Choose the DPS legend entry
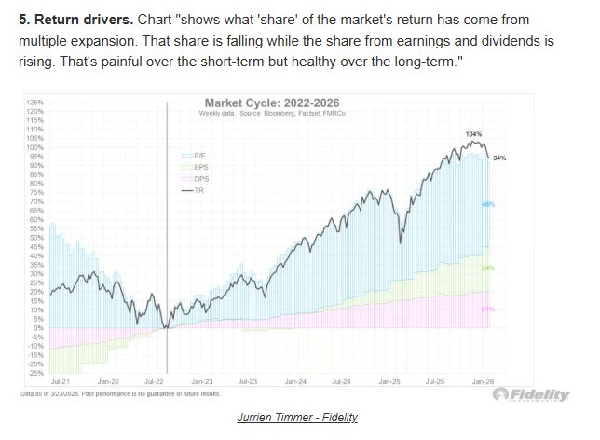(x=202, y=177)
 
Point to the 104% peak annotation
(x=474, y=134)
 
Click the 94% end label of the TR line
(x=498, y=158)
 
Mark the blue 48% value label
(x=486, y=203)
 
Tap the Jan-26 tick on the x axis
(x=483, y=381)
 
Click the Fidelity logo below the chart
(x=532, y=396)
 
